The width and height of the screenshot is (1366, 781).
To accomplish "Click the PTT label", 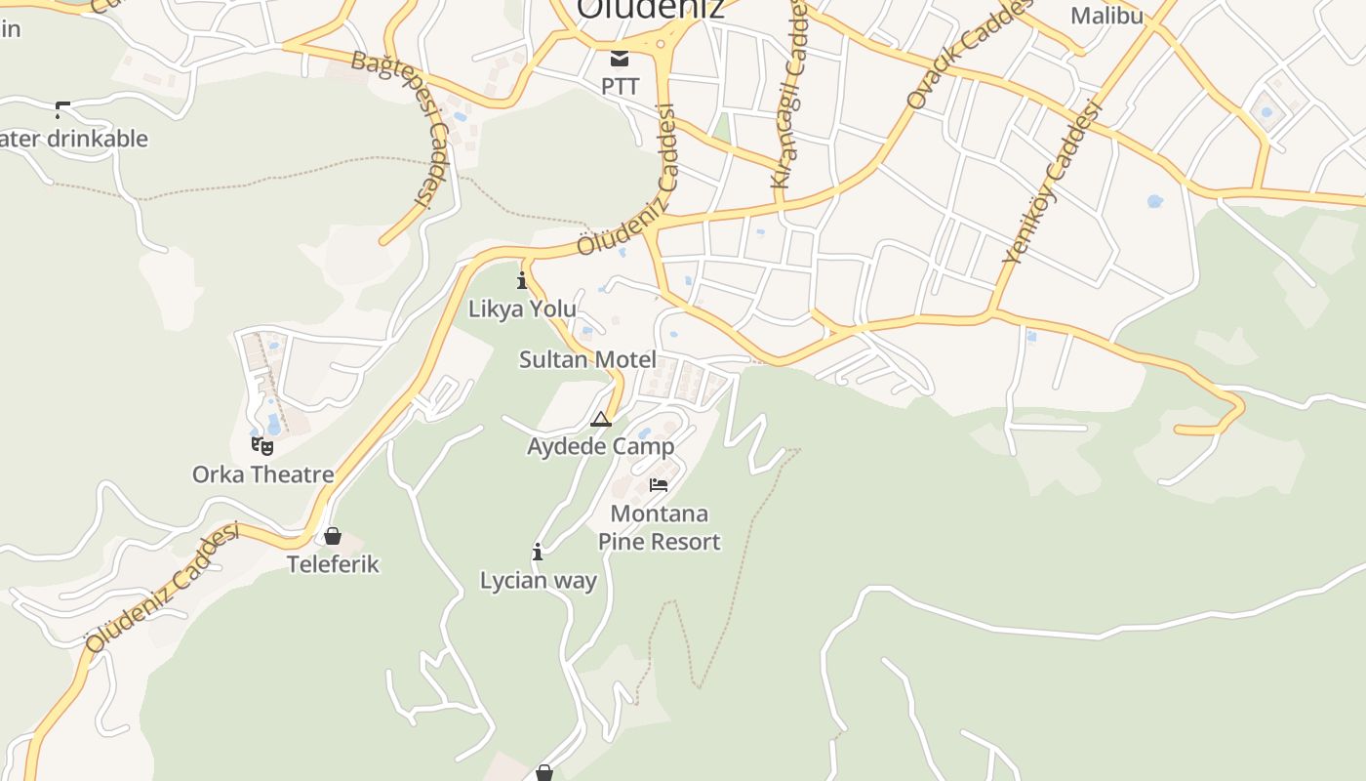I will (x=620, y=86).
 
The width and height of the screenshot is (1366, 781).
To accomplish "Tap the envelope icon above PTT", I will (x=620, y=58).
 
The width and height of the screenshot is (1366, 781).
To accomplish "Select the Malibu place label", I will (x=1106, y=16).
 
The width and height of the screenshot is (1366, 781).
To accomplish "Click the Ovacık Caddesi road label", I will (x=969, y=54).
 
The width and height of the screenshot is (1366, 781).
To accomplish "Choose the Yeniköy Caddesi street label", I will (x=1053, y=182).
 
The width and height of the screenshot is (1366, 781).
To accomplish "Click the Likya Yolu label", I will (x=522, y=308).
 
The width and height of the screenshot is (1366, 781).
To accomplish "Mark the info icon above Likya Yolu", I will (x=522, y=281).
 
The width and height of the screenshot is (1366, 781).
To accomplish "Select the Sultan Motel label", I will (x=587, y=359).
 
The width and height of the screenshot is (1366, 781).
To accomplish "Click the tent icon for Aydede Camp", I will (x=601, y=420).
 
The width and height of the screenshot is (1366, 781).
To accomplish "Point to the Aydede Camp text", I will (x=601, y=446).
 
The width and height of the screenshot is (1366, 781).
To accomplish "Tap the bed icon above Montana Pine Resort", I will (x=659, y=484).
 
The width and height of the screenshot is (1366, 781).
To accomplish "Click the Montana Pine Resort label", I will (x=659, y=527).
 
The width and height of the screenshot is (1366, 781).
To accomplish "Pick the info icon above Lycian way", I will (x=538, y=553).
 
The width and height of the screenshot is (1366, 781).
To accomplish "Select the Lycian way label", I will (x=538, y=581).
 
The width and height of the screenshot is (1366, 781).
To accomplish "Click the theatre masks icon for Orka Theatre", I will (x=261, y=446).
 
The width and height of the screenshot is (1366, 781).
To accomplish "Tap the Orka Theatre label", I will (x=262, y=474).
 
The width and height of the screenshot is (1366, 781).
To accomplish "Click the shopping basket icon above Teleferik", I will (x=333, y=536).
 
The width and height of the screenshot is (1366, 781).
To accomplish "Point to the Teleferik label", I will (x=333, y=564).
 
